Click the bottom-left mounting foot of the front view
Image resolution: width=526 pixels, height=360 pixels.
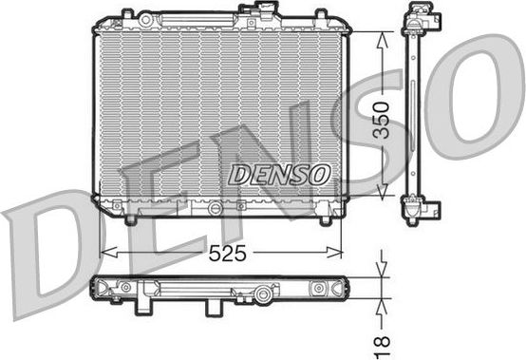128,219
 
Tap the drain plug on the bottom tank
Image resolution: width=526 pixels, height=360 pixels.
216,208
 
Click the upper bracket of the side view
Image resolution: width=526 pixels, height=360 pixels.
418,20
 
